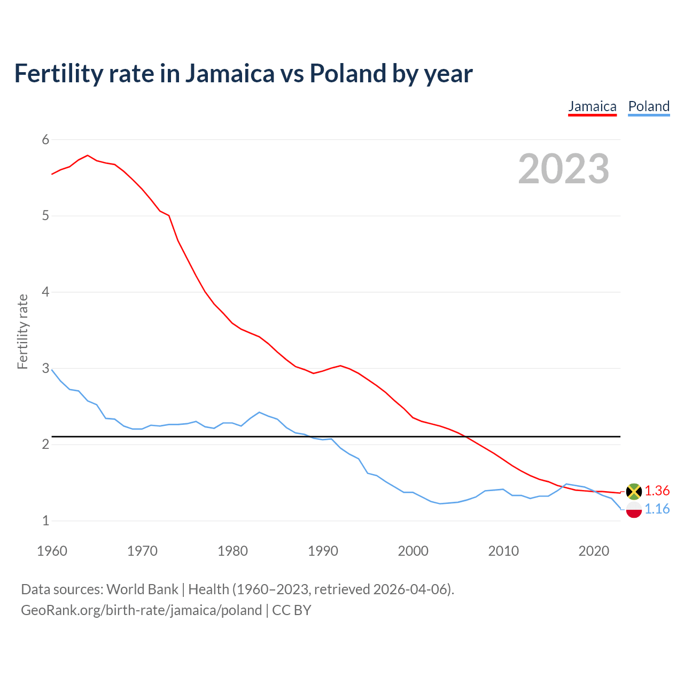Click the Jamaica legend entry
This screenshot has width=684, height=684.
(x=592, y=106)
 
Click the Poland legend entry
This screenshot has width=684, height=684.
(x=649, y=106)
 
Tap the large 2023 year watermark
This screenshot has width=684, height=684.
(x=564, y=169)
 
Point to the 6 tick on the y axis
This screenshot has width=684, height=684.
(x=45, y=140)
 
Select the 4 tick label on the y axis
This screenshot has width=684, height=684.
(x=45, y=292)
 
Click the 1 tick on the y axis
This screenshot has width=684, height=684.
(x=45, y=520)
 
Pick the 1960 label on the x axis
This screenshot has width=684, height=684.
(x=52, y=551)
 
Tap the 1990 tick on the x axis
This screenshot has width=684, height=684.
(x=323, y=551)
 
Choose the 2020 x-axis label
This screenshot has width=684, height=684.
(x=594, y=551)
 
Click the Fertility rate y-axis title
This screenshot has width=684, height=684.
(x=22, y=331)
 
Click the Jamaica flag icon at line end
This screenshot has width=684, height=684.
(x=634, y=491)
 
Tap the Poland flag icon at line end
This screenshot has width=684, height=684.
(x=634, y=510)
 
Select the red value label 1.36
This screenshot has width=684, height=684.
(x=657, y=491)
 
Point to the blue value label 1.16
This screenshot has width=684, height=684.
(x=657, y=509)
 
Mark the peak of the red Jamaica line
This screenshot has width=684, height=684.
(x=88, y=156)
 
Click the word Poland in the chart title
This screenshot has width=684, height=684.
(x=348, y=74)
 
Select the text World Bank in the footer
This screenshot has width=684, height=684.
(x=142, y=589)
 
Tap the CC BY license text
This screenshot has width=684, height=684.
(x=292, y=610)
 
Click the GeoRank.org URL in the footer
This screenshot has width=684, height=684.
(x=141, y=610)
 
